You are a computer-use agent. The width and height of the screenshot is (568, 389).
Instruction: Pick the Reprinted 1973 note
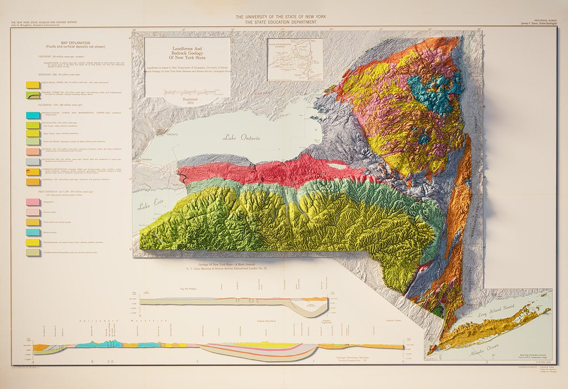tap(187, 101)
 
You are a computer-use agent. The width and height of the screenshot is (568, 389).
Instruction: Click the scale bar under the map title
tap(187, 92)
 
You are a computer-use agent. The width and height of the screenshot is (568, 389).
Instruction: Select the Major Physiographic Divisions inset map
tap(294, 59)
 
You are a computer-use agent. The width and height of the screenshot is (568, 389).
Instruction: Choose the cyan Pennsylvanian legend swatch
tap(33, 115)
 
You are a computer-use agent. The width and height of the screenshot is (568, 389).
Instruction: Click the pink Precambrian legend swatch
tap(33, 201)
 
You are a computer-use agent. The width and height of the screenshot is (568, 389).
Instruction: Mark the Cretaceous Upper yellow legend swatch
tap(33, 85)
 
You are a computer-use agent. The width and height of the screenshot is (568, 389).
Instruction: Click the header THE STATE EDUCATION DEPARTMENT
tap(281, 22)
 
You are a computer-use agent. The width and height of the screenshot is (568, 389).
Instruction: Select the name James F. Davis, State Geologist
tap(539, 23)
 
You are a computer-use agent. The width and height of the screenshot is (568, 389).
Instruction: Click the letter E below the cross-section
tap(198, 361)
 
